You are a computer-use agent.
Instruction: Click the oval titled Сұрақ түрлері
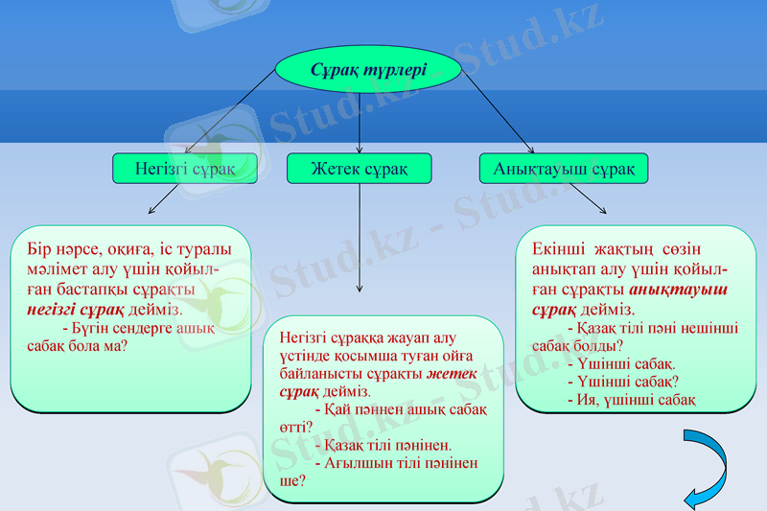369,70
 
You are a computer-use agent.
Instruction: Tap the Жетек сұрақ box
359,169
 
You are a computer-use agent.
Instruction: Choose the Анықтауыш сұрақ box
564,169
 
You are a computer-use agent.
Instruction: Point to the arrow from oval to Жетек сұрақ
360,123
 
